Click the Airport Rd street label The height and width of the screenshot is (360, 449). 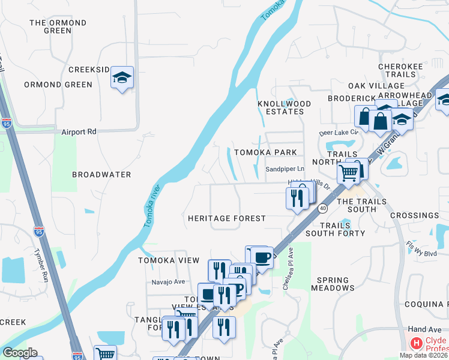pos(79,131)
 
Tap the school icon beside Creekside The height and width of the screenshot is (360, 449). pos(122,78)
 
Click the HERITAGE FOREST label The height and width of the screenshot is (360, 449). pos(226,218)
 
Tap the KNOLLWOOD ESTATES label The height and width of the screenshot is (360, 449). pos(285,107)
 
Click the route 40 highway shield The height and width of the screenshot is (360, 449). pos(323,208)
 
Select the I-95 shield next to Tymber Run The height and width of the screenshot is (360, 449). pos(38,230)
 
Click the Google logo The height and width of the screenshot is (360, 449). pos(20,353)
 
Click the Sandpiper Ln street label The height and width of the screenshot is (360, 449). pos(285,170)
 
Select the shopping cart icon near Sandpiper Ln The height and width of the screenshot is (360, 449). pos(349,173)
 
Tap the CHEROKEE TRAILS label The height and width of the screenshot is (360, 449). pos(397,70)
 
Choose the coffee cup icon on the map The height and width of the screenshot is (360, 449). pos(262,257)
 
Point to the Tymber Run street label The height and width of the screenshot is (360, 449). pos(41,266)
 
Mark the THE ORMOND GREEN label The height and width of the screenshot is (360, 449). pos(58,26)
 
